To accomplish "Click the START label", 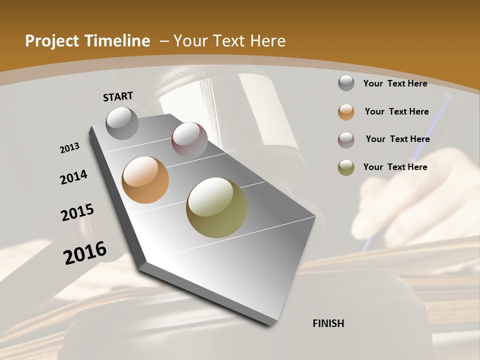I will pos(118,96).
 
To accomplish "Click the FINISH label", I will pos(328,323).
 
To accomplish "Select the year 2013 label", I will pos(69,148).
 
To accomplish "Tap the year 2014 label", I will pos(73,177).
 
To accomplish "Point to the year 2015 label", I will pos(77,212).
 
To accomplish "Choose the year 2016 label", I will pos(85,252).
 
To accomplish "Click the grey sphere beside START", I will pos(122,123).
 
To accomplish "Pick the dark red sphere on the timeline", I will pos(189,140).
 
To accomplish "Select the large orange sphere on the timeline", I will pos(145,180).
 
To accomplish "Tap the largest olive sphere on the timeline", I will pos(216,207).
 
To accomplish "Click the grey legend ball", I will pos(346,83).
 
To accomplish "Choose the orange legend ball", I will pos(346,112).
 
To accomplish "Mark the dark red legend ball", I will pos(346,140).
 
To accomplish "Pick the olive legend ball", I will pos(346,167).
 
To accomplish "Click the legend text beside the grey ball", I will pos(395,83).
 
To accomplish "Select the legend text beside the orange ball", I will pos(396,111).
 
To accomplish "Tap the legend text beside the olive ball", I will pos(395,167).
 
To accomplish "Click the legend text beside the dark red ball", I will pos(397,139).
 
